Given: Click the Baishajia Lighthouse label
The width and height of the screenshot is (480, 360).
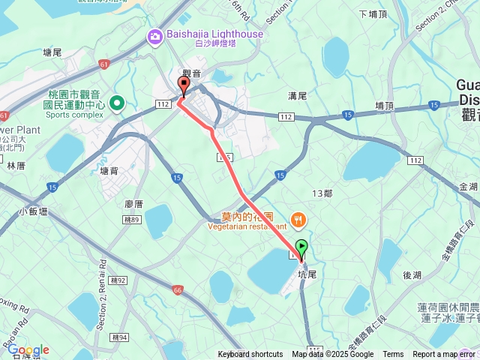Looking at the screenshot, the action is click(x=215, y=34).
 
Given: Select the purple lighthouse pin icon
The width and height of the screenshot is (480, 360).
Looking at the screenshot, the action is click(x=154, y=34).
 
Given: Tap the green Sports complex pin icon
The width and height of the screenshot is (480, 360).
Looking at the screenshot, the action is click(x=117, y=103).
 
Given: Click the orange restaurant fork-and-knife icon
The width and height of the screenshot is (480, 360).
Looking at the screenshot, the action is click(x=299, y=220).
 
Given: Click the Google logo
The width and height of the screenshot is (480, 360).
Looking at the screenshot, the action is click(x=28, y=349).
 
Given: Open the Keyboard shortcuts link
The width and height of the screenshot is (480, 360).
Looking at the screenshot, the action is click(x=250, y=355).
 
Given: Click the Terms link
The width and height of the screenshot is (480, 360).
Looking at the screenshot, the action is click(x=393, y=355).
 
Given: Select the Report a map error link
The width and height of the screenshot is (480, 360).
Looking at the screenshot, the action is click(x=444, y=355).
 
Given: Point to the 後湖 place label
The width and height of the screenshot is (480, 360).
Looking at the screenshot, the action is click(x=412, y=275).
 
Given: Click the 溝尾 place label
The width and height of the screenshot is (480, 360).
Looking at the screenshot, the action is click(x=298, y=96).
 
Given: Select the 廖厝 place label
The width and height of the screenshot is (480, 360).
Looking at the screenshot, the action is click(x=134, y=203).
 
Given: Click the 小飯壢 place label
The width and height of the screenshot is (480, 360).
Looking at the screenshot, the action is click(x=34, y=211).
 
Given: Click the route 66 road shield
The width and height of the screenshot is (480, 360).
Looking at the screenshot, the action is click(x=177, y=289).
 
